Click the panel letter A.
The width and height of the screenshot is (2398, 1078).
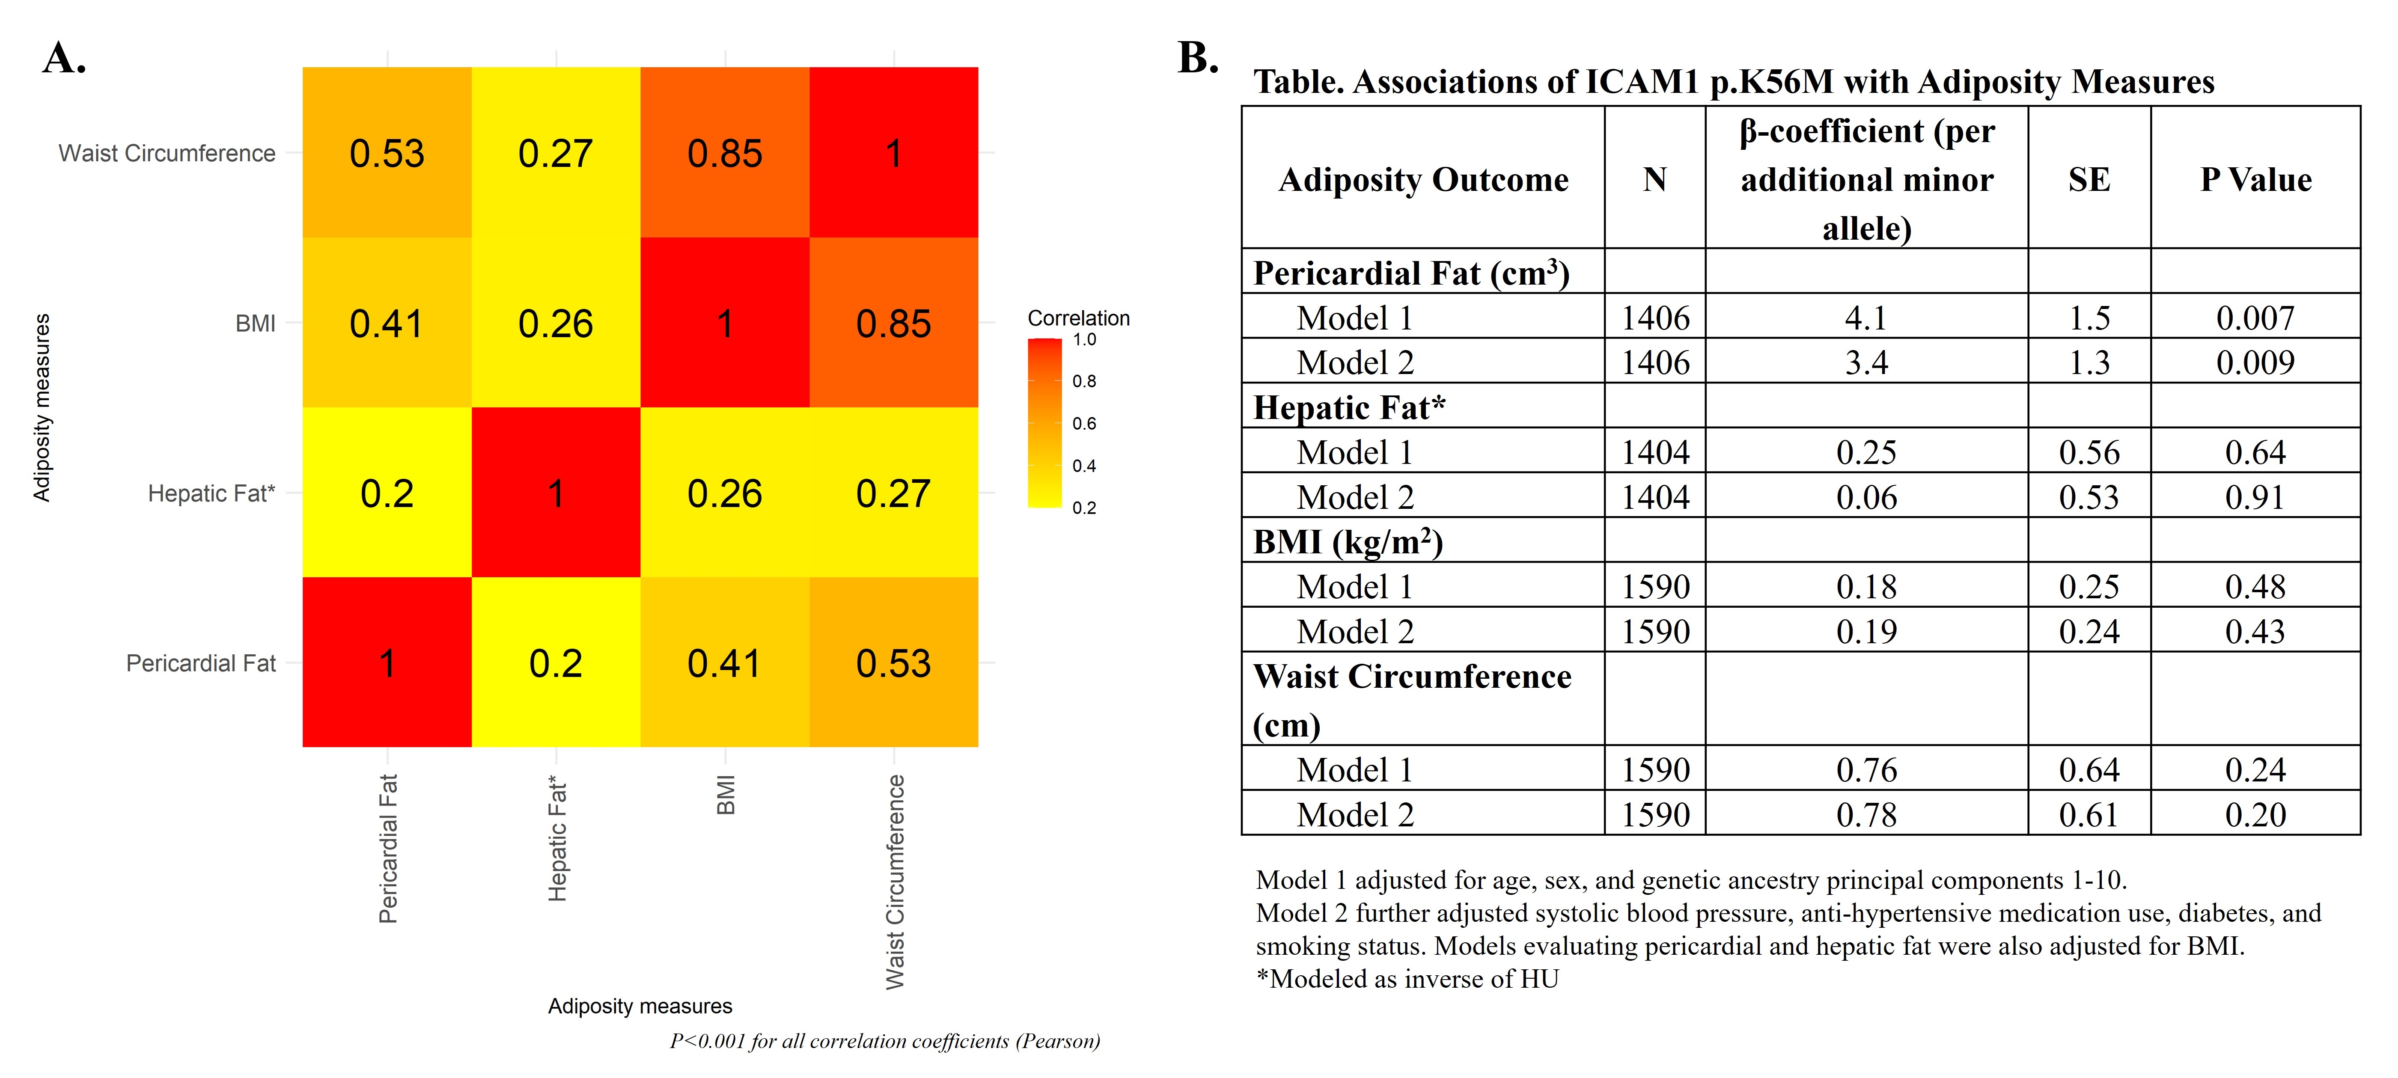[x=64, y=59]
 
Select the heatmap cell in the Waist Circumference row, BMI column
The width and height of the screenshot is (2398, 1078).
[x=724, y=153]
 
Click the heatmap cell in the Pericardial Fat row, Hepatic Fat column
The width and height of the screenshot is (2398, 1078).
[x=556, y=663]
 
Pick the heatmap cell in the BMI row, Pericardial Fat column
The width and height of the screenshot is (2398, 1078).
[x=386, y=323]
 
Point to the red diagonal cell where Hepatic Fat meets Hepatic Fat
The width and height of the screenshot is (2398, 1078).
[x=556, y=493]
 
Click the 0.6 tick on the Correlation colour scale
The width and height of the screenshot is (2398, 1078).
[x=1083, y=424]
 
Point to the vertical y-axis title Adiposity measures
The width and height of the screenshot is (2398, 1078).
[x=42, y=408]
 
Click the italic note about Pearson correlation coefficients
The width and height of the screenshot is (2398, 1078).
[x=884, y=1041]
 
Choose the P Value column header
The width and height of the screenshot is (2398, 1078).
[x=2255, y=179]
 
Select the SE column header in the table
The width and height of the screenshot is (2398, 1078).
[x=2089, y=179]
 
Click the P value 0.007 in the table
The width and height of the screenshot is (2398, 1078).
[x=2255, y=318]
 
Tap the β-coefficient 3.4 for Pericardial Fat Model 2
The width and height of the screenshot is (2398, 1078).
[x=1866, y=362]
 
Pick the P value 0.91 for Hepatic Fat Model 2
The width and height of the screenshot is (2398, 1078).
[x=2255, y=497]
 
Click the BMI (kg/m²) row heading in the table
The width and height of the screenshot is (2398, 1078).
[x=1347, y=542]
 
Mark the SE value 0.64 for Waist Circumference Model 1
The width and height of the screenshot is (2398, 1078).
[x=2089, y=770]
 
